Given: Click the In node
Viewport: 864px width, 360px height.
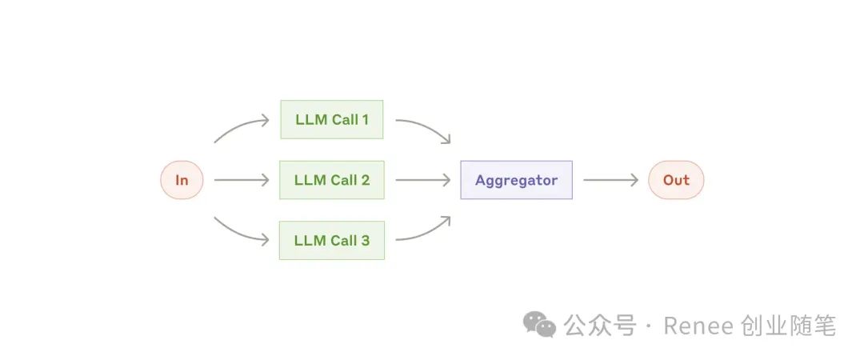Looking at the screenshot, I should tap(182, 180).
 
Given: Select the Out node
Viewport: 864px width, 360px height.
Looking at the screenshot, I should tap(676, 180).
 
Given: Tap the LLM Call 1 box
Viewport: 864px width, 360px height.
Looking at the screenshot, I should tap(332, 120).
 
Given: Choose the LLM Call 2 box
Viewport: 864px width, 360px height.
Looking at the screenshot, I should tap(332, 180).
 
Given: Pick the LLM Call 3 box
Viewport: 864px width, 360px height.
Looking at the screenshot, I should tap(332, 240).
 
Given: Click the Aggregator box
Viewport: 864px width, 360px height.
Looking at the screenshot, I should tap(516, 180).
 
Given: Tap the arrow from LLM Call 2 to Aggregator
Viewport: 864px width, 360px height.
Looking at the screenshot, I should tap(422, 180).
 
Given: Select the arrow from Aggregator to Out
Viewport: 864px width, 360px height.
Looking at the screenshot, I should tap(610, 180).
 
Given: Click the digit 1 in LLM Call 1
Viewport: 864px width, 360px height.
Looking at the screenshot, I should tap(365, 120).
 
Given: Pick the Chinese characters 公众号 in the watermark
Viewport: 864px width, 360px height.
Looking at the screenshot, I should tap(600, 326).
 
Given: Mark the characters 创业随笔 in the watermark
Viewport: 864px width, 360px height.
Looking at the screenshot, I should tap(792, 326).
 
